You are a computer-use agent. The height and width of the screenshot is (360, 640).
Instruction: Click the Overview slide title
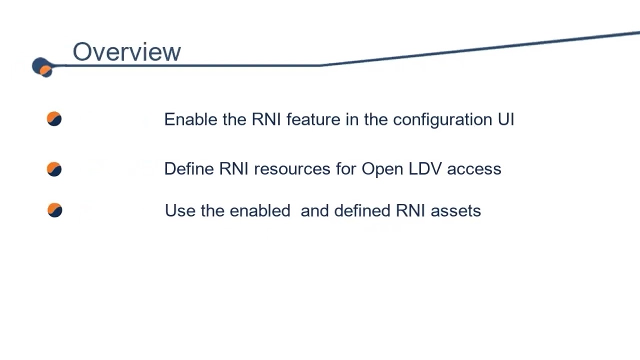(126, 52)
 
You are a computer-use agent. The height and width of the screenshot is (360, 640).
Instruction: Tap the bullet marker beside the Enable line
(54, 119)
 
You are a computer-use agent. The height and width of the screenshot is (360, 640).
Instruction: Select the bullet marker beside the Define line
(54, 169)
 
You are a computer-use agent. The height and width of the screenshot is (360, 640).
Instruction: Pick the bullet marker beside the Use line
(54, 210)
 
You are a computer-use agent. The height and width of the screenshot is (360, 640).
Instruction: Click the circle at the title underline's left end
(42, 67)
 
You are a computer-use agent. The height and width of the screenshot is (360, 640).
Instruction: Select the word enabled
(260, 211)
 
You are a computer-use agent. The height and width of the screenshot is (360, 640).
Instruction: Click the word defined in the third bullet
(362, 211)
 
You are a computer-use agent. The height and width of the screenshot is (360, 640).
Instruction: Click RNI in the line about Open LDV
(234, 169)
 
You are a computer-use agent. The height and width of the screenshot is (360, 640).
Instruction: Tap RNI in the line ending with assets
(410, 211)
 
